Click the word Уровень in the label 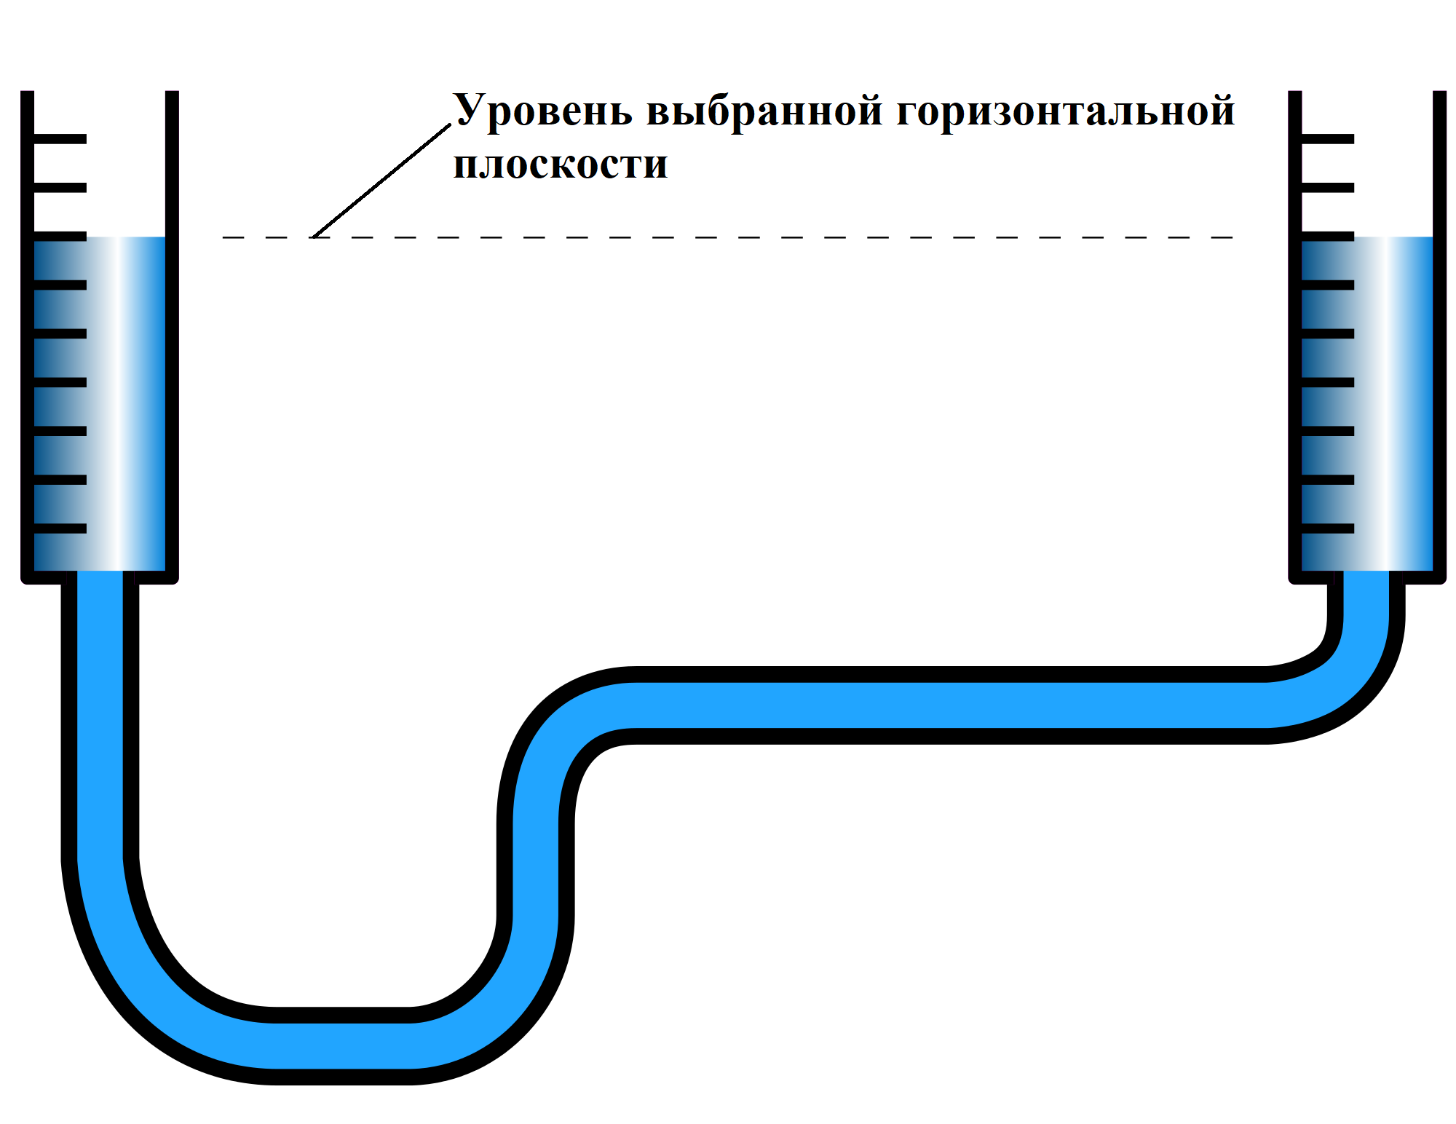pos(542,111)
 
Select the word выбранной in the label pos(764,111)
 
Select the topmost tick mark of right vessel pos(1327,138)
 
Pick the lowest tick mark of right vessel pos(1327,529)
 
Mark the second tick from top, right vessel pos(1327,188)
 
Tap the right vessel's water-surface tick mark pos(1327,237)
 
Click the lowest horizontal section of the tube pos(342,1045)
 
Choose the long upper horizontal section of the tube pos(946,705)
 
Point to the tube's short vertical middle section pos(536,866)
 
